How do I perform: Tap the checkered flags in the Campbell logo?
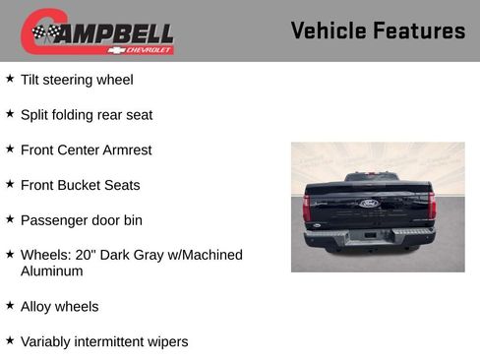pyautogui.click(x=45, y=32)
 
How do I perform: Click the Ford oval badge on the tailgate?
pyautogui.click(x=369, y=204)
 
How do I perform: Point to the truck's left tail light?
pyautogui.click(x=307, y=207)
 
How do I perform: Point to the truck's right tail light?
pyautogui.click(x=432, y=206)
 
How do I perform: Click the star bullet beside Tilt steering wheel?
pyautogui.click(x=10, y=79)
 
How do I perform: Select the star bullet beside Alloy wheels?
pyautogui.click(x=10, y=306)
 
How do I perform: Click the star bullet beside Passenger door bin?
pyautogui.click(x=10, y=219)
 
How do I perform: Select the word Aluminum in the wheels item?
pyautogui.click(x=52, y=270)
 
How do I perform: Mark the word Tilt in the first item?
pyautogui.click(x=30, y=79)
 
